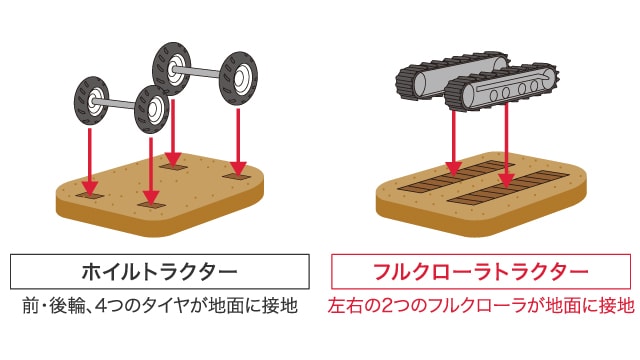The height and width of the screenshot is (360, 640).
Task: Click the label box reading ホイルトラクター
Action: [160, 271]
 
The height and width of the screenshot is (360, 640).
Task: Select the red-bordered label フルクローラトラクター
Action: [481, 271]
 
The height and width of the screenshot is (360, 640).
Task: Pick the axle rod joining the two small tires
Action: [121, 100]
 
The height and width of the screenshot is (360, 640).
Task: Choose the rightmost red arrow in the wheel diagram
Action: [238, 140]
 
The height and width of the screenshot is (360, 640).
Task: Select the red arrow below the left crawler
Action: [454, 140]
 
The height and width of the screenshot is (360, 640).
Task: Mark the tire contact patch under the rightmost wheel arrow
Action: [238, 176]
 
